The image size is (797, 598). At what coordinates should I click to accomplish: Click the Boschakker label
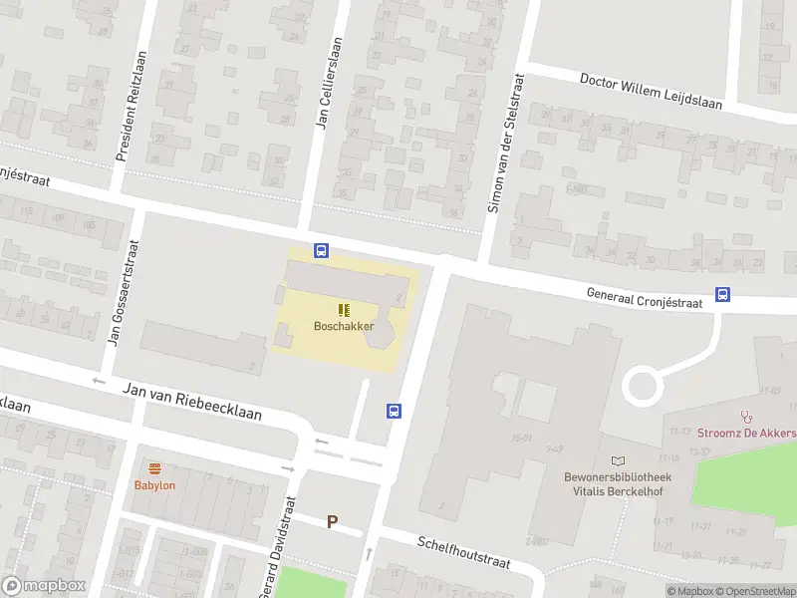pyautogui.click(x=344, y=326)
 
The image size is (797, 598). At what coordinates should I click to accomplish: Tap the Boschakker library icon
pyautogui.click(x=344, y=310)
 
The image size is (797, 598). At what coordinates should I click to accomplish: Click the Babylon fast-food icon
pyautogui.click(x=154, y=468)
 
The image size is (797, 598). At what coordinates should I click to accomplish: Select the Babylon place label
pyautogui.click(x=154, y=485)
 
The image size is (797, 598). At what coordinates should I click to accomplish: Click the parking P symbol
pyautogui.click(x=333, y=521)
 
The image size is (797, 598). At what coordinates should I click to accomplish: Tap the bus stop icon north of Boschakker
pyautogui.click(x=321, y=250)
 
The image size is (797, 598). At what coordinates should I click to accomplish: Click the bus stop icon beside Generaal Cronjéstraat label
pyautogui.click(x=722, y=294)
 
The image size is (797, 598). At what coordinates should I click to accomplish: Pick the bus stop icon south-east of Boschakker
pyautogui.click(x=395, y=411)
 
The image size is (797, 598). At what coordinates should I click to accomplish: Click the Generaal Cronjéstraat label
pyautogui.click(x=645, y=294)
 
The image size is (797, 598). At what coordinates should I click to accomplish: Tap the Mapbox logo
pyautogui.click(x=45, y=586)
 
